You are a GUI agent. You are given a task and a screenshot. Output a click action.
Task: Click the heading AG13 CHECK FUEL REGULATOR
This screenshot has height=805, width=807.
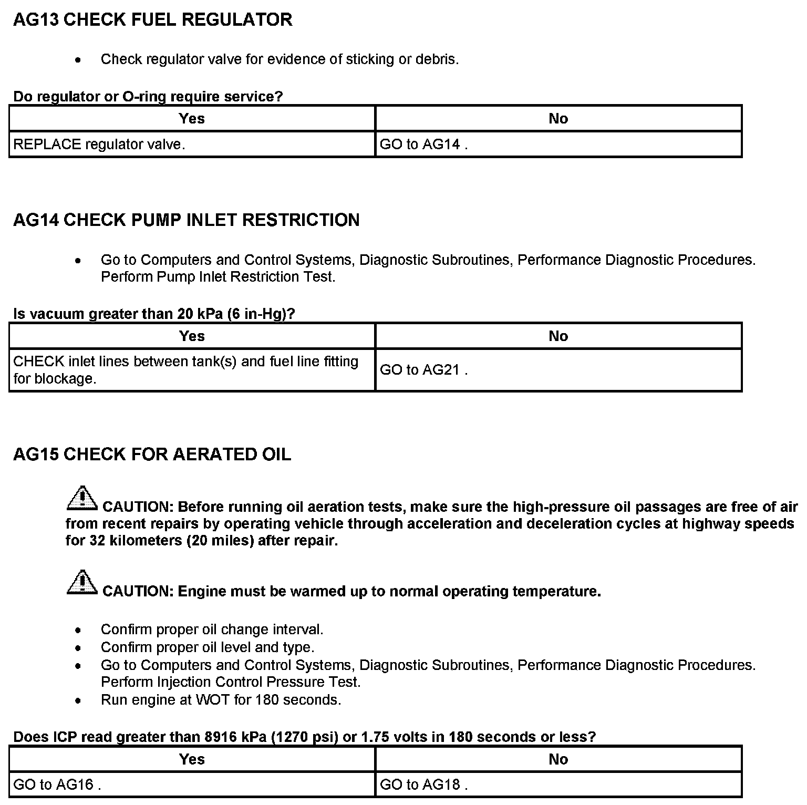point(152,20)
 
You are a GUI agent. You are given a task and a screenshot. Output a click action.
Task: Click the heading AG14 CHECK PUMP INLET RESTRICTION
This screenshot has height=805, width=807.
point(186,220)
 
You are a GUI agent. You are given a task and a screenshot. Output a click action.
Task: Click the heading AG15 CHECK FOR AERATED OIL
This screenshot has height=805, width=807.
point(152,455)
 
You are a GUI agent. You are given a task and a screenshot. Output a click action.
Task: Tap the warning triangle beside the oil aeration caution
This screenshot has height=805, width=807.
point(82,499)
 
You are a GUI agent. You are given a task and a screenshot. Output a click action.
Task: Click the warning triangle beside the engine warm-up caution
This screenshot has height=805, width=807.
point(82,582)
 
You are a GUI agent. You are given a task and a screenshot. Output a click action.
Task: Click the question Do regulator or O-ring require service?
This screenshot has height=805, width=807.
point(148,97)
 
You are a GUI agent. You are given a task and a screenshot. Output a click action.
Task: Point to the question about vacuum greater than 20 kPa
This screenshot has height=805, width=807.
point(154,314)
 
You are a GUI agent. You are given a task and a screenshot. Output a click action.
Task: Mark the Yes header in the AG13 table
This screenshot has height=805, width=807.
point(192,119)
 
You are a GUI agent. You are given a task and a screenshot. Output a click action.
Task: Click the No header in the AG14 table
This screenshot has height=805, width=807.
point(558,336)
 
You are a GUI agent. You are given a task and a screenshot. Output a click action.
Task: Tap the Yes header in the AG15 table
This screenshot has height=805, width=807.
point(192,759)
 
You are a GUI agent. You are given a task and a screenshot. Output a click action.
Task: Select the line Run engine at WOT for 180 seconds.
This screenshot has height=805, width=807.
point(221,700)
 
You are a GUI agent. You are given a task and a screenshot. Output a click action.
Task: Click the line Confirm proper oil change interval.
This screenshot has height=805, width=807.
point(212,629)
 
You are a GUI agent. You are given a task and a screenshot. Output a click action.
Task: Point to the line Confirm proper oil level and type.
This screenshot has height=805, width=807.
point(207,647)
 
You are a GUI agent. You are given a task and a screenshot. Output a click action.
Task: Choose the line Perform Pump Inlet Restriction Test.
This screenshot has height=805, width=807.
point(218,277)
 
